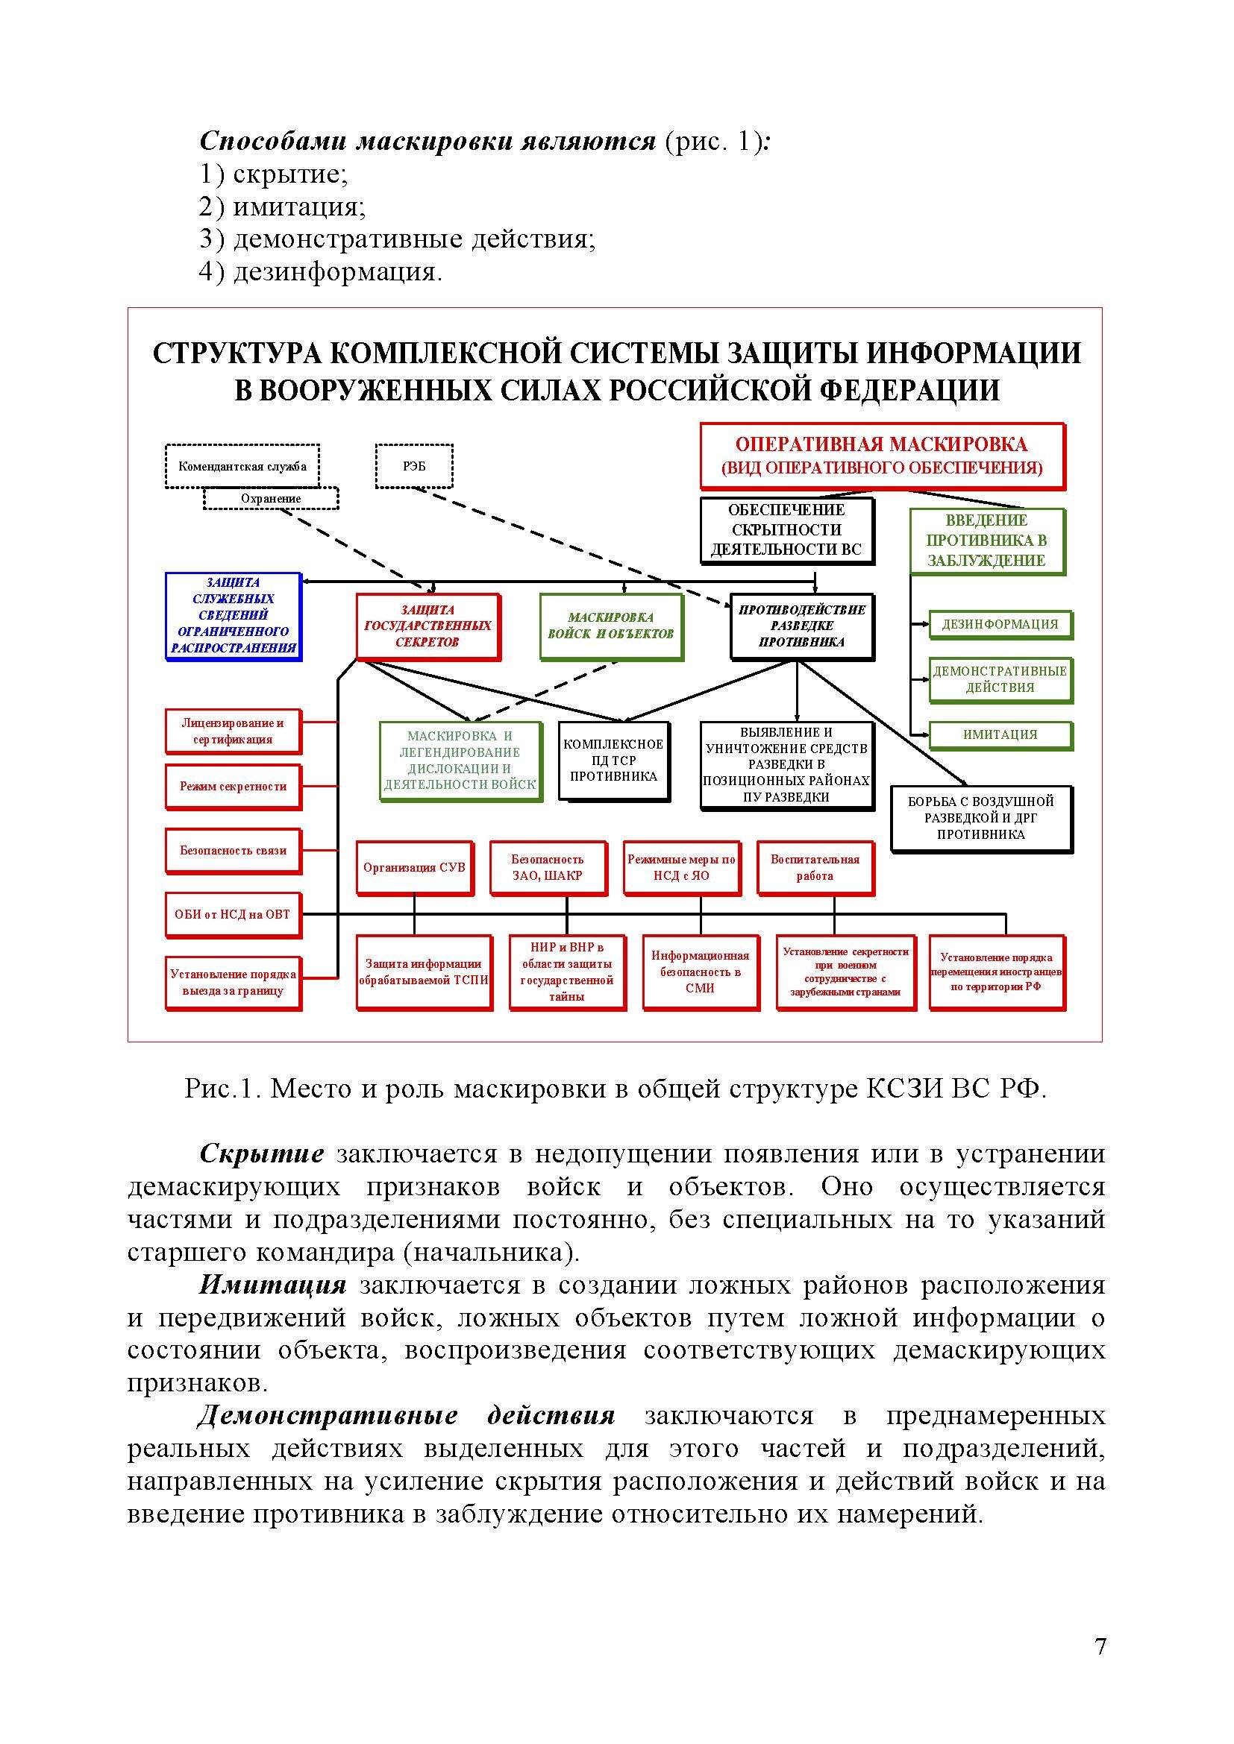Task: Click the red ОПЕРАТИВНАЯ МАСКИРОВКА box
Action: click(x=881, y=456)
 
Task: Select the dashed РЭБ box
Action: click(x=414, y=465)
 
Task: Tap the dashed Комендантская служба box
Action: click(x=242, y=465)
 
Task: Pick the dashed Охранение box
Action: click(x=271, y=498)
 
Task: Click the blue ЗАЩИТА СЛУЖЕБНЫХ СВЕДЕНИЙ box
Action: click(x=234, y=615)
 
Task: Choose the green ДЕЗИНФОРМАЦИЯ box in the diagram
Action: click(x=999, y=624)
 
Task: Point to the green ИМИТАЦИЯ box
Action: click(x=999, y=734)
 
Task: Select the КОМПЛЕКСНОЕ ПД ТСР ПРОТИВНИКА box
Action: click(x=613, y=761)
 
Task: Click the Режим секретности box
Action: click(x=233, y=787)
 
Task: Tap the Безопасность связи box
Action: click(x=233, y=851)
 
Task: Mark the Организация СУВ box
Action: click(x=414, y=867)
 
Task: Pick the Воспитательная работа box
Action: click(x=815, y=867)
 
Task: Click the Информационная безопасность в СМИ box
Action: click(x=700, y=972)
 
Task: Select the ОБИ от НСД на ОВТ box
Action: click(x=233, y=915)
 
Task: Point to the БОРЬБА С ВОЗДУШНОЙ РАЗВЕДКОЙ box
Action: click(x=980, y=818)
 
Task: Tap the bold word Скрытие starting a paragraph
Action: click(x=261, y=1153)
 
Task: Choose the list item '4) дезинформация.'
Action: click(x=320, y=272)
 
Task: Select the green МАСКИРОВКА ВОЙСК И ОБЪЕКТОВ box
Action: click(x=610, y=626)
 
